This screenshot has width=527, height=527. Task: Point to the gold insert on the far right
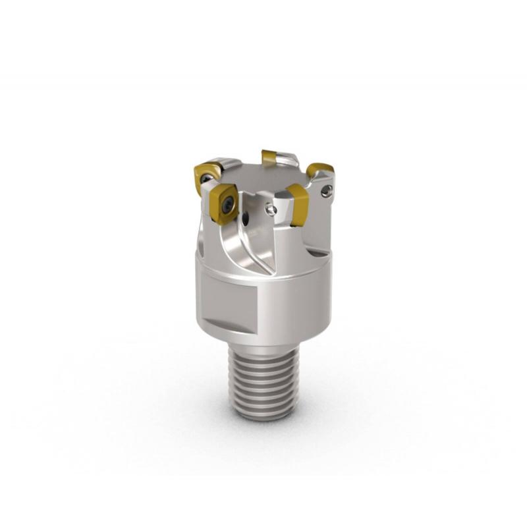tap(320, 170)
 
